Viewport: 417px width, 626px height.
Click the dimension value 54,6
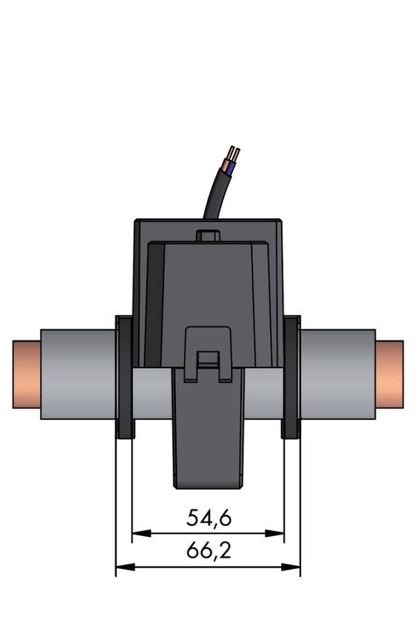tap(209, 518)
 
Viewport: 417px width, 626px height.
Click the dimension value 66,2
tap(209, 551)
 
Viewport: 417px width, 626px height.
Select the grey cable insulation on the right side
tap(338, 374)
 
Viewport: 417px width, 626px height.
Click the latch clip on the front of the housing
tap(208, 354)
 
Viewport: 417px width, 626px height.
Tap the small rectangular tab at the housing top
tap(208, 236)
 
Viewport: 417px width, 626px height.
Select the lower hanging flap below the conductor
tap(207, 438)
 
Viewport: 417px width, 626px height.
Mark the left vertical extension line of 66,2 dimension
tap(116, 501)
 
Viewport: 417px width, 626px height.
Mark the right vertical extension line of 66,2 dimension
tap(300, 501)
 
